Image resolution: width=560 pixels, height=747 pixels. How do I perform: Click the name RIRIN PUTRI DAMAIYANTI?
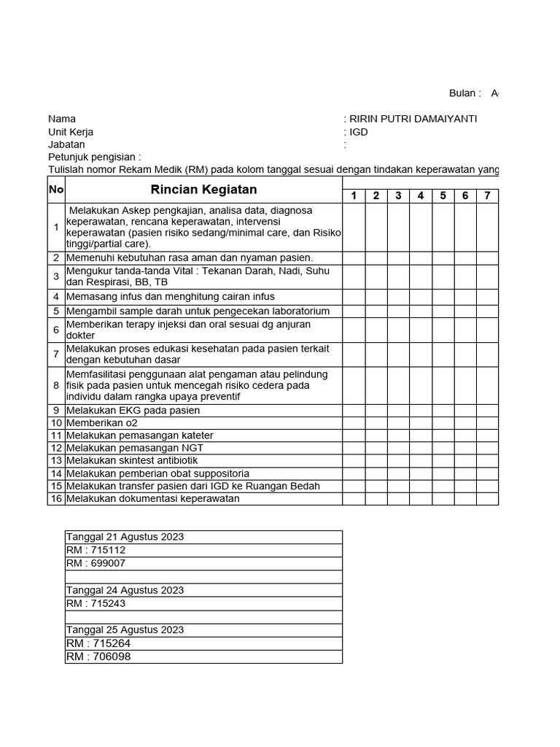[413, 119]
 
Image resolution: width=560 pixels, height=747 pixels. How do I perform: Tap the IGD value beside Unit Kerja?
[359, 132]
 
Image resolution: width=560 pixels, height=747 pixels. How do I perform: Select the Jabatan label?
[66, 144]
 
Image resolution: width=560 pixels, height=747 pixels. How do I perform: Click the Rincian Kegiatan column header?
[203, 190]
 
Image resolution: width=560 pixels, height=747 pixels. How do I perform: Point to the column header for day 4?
[421, 196]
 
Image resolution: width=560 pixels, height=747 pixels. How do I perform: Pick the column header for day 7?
[487, 196]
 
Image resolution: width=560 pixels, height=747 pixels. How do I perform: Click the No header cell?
[56, 190]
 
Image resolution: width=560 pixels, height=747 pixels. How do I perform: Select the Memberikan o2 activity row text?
[102, 423]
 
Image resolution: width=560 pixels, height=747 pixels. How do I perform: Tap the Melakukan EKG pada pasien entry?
[133, 410]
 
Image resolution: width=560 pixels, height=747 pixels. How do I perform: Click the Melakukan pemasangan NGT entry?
[135, 448]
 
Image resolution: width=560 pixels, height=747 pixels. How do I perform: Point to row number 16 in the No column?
[56, 499]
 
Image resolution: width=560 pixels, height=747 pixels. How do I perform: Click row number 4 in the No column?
[56, 297]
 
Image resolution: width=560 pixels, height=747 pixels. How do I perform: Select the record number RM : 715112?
[96, 550]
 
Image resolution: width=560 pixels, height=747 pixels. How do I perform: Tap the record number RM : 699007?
[96, 563]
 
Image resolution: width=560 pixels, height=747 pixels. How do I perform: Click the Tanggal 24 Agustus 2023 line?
[125, 590]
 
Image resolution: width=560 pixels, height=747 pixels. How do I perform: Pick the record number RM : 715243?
[96, 603]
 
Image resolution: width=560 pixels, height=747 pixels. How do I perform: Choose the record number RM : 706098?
[98, 657]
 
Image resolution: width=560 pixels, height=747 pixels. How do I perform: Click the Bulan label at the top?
[464, 93]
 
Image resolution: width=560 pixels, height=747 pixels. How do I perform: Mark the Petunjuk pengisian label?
[94, 157]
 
